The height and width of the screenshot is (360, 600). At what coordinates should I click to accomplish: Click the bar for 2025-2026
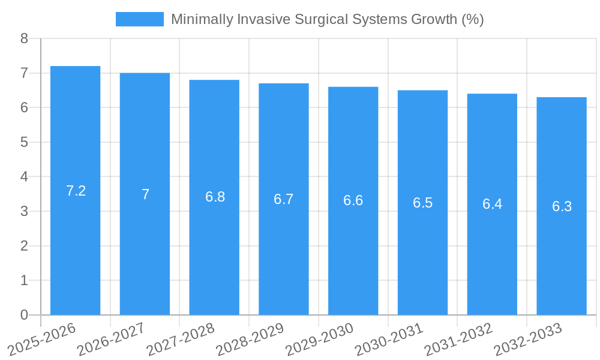click(x=75, y=252)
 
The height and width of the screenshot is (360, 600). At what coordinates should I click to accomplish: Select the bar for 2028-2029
click(x=284, y=258)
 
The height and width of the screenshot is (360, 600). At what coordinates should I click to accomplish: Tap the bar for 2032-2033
click(x=562, y=264)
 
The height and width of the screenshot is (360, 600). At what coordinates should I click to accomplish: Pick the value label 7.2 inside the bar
click(x=76, y=191)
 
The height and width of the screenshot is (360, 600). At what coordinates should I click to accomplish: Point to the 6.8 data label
click(x=215, y=197)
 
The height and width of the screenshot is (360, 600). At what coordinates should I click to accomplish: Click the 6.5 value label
click(x=422, y=203)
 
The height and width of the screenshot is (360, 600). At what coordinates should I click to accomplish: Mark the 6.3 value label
click(x=562, y=206)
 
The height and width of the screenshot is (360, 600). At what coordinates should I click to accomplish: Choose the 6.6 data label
click(x=353, y=200)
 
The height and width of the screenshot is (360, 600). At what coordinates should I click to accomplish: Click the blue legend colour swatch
click(x=139, y=19)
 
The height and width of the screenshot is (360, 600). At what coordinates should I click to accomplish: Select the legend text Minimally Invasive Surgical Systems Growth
click(x=327, y=19)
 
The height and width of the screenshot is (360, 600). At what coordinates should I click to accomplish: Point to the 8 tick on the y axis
click(x=24, y=38)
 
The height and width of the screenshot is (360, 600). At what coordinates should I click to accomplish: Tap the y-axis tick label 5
click(x=24, y=142)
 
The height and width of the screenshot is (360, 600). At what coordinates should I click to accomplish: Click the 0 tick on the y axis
click(x=24, y=315)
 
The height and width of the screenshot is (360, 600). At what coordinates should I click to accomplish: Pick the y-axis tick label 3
click(x=24, y=211)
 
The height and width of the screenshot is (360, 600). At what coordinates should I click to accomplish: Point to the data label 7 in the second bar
click(x=145, y=194)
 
